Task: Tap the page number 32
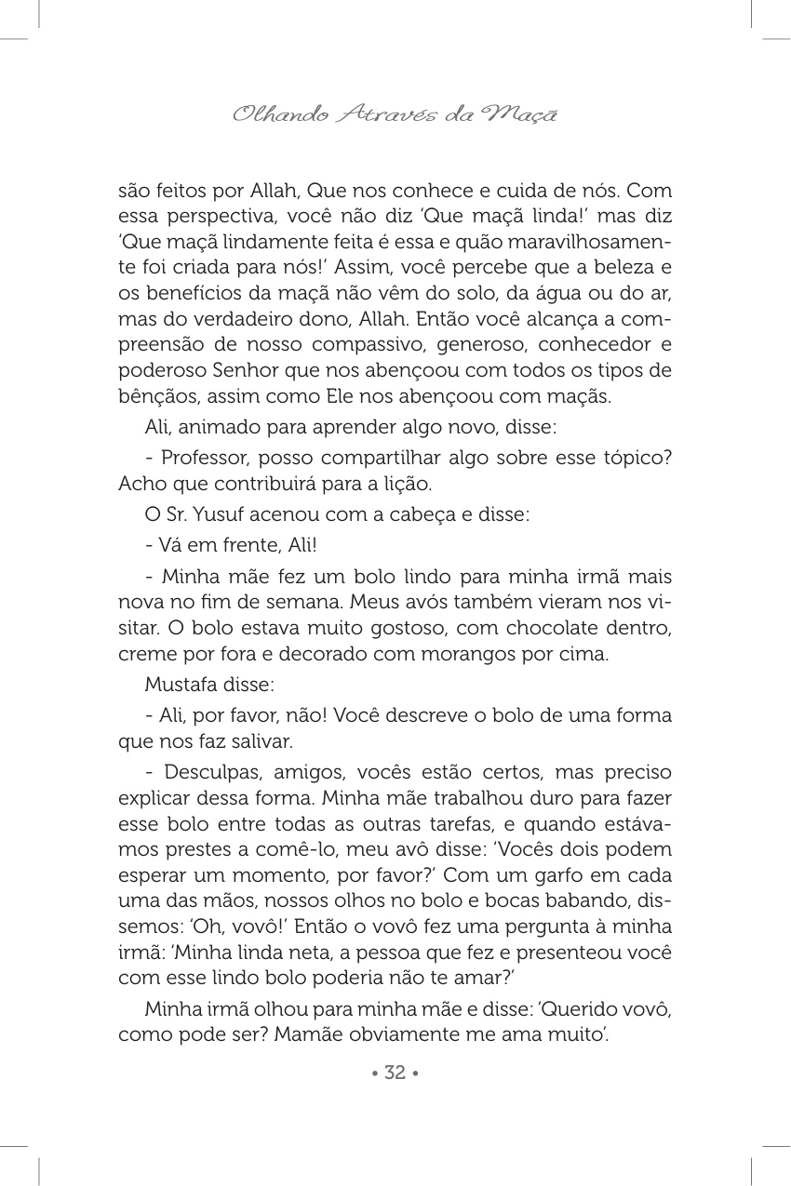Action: [395, 1073]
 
